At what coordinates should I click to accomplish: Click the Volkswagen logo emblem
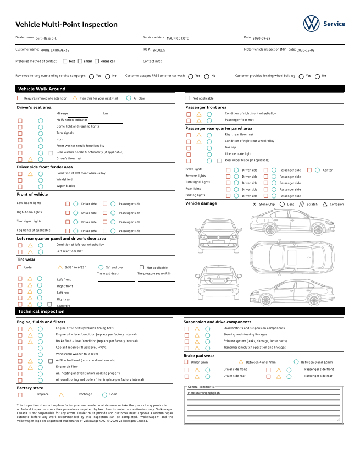coord(311,24)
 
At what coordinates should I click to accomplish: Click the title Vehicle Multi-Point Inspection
coord(67,25)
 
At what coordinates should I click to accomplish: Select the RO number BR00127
coord(159,50)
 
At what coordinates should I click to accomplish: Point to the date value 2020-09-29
coord(262,38)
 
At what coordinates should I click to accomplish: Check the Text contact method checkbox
coord(65,61)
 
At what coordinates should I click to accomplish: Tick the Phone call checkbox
coord(97,61)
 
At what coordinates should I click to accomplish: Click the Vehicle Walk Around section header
coord(42,89)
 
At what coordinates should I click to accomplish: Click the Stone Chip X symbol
coord(254,204)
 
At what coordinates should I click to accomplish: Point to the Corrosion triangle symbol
coord(325,204)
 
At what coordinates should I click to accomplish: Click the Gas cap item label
coord(230,147)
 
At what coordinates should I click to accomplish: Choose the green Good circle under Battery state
coord(104,394)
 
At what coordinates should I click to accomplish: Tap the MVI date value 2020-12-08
coord(306,50)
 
